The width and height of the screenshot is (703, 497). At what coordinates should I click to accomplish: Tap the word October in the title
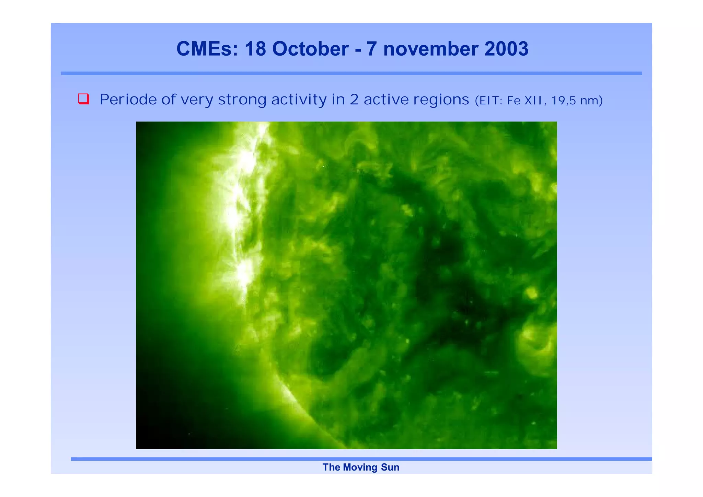point(310,49)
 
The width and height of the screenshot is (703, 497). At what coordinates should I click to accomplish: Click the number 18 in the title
point(255,49)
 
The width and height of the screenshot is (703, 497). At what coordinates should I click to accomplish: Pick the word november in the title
point(430,49)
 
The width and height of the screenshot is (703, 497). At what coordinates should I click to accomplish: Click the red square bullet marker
point(83,99)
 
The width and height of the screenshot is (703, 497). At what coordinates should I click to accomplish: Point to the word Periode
point(128,100)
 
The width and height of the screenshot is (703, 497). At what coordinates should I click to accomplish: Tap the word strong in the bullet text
point(242,100)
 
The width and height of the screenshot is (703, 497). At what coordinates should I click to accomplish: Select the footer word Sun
point(390,467)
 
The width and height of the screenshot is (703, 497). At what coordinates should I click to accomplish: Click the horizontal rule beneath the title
point(351,73)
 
